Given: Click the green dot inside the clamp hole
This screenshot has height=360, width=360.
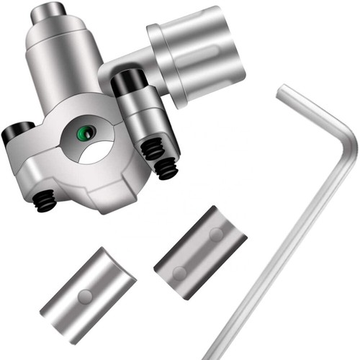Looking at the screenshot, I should [86, 131].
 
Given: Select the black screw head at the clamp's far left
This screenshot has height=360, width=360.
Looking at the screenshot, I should [14, 133].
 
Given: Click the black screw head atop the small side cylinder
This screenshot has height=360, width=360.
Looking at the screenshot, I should [129, 82].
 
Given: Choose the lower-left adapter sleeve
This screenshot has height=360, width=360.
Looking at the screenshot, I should [88, 295].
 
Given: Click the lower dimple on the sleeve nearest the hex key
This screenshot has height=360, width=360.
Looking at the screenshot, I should [179, 271].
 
